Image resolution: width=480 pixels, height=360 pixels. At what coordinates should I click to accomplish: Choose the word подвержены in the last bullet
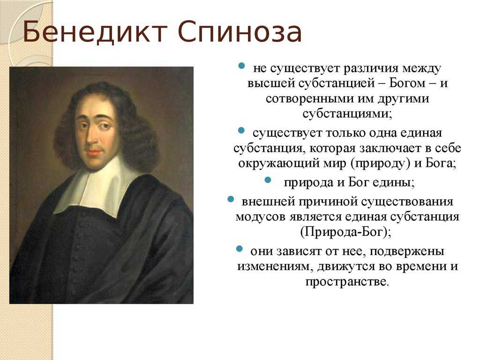407,251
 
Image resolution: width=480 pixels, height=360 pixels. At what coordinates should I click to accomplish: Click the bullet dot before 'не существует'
242,66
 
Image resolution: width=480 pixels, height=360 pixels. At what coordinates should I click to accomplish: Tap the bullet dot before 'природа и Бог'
268,180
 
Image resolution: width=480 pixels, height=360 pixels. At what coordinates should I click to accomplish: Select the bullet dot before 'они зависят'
240,248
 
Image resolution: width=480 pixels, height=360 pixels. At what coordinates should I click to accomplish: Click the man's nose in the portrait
91,135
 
